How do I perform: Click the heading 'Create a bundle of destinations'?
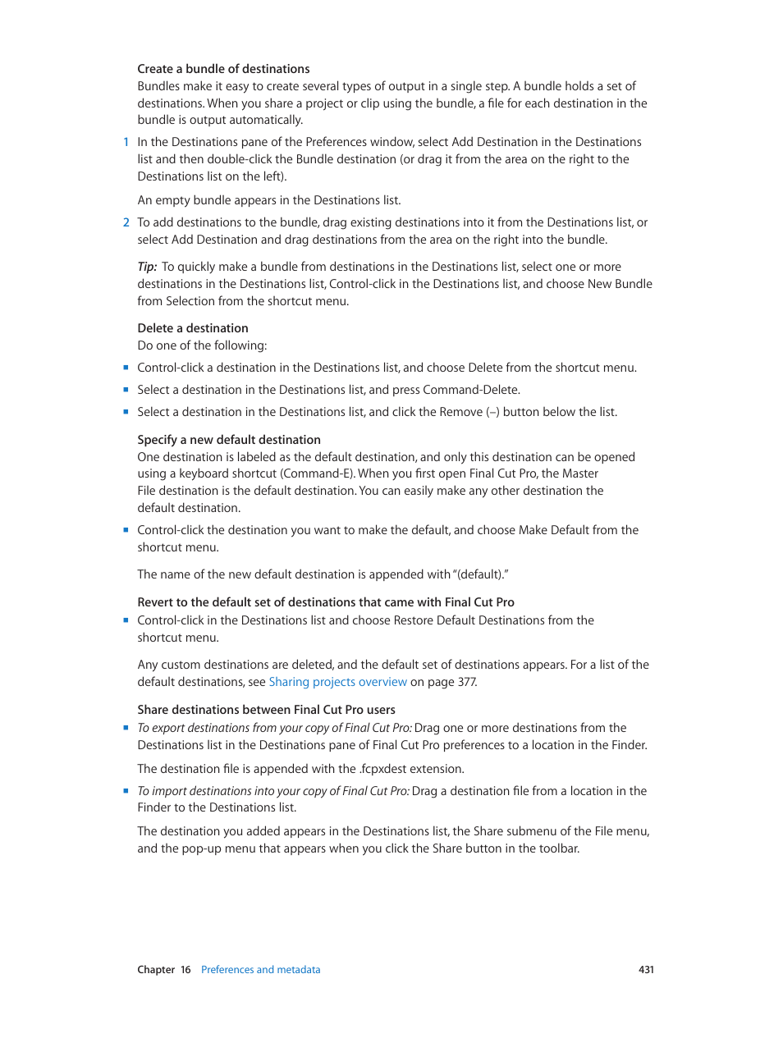point(223,69)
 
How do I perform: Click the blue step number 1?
point(126,142)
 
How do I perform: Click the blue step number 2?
point(126,222)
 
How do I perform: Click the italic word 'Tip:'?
point(147,267)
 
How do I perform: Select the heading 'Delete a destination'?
point(193,328)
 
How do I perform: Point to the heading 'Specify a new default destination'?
point(229,440)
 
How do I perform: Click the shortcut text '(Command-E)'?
point(317,473)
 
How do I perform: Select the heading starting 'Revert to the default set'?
point(326,602)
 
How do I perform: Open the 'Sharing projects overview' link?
point(337,682)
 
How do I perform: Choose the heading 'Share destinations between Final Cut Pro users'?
point(266,710)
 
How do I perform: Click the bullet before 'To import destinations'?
point(126,791)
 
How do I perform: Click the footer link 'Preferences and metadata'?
point(260,970)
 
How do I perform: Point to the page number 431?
point(646,970)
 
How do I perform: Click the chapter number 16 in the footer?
point(185,970)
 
